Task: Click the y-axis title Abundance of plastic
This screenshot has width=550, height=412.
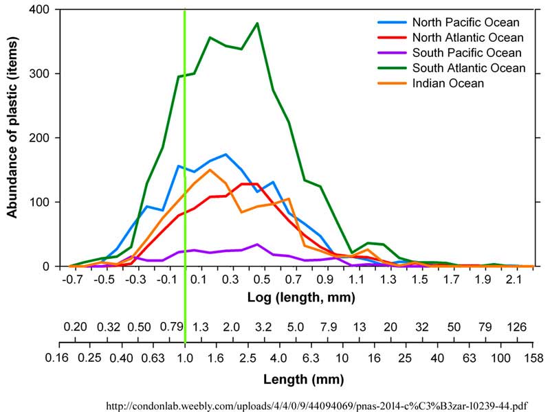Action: pos(12,137)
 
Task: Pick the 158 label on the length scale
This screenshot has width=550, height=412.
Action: pos(533,358)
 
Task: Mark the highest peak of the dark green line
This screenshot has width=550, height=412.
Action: pos(257,23)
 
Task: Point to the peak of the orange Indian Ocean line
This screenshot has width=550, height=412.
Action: pos(210,170)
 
